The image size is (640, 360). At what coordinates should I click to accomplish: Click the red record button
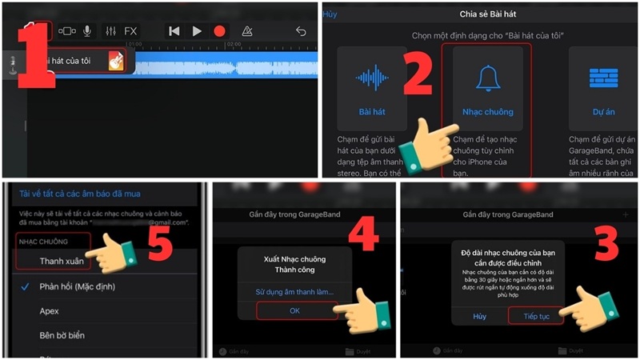point(219,31)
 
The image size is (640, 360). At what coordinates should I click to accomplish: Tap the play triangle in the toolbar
point(197,31)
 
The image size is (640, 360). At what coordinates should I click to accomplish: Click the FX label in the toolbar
point(130,31)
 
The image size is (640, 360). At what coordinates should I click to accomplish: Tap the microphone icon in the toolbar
point(87,31)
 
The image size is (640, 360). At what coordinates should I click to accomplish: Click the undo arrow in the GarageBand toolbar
point(301,31)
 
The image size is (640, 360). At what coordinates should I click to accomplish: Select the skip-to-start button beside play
point(174,31)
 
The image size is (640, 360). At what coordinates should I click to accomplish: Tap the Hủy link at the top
point(330,14)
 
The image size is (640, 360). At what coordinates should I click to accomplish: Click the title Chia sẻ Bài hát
point(487,14)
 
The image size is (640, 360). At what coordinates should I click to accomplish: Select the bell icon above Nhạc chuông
point(486,78)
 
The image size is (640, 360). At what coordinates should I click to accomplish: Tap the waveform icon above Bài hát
point(372,78)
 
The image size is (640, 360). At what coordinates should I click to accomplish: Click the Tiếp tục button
point(535,316)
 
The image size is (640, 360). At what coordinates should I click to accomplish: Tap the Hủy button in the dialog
point(479,316)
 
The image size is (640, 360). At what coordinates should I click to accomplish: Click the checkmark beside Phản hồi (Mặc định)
point(25,286)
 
